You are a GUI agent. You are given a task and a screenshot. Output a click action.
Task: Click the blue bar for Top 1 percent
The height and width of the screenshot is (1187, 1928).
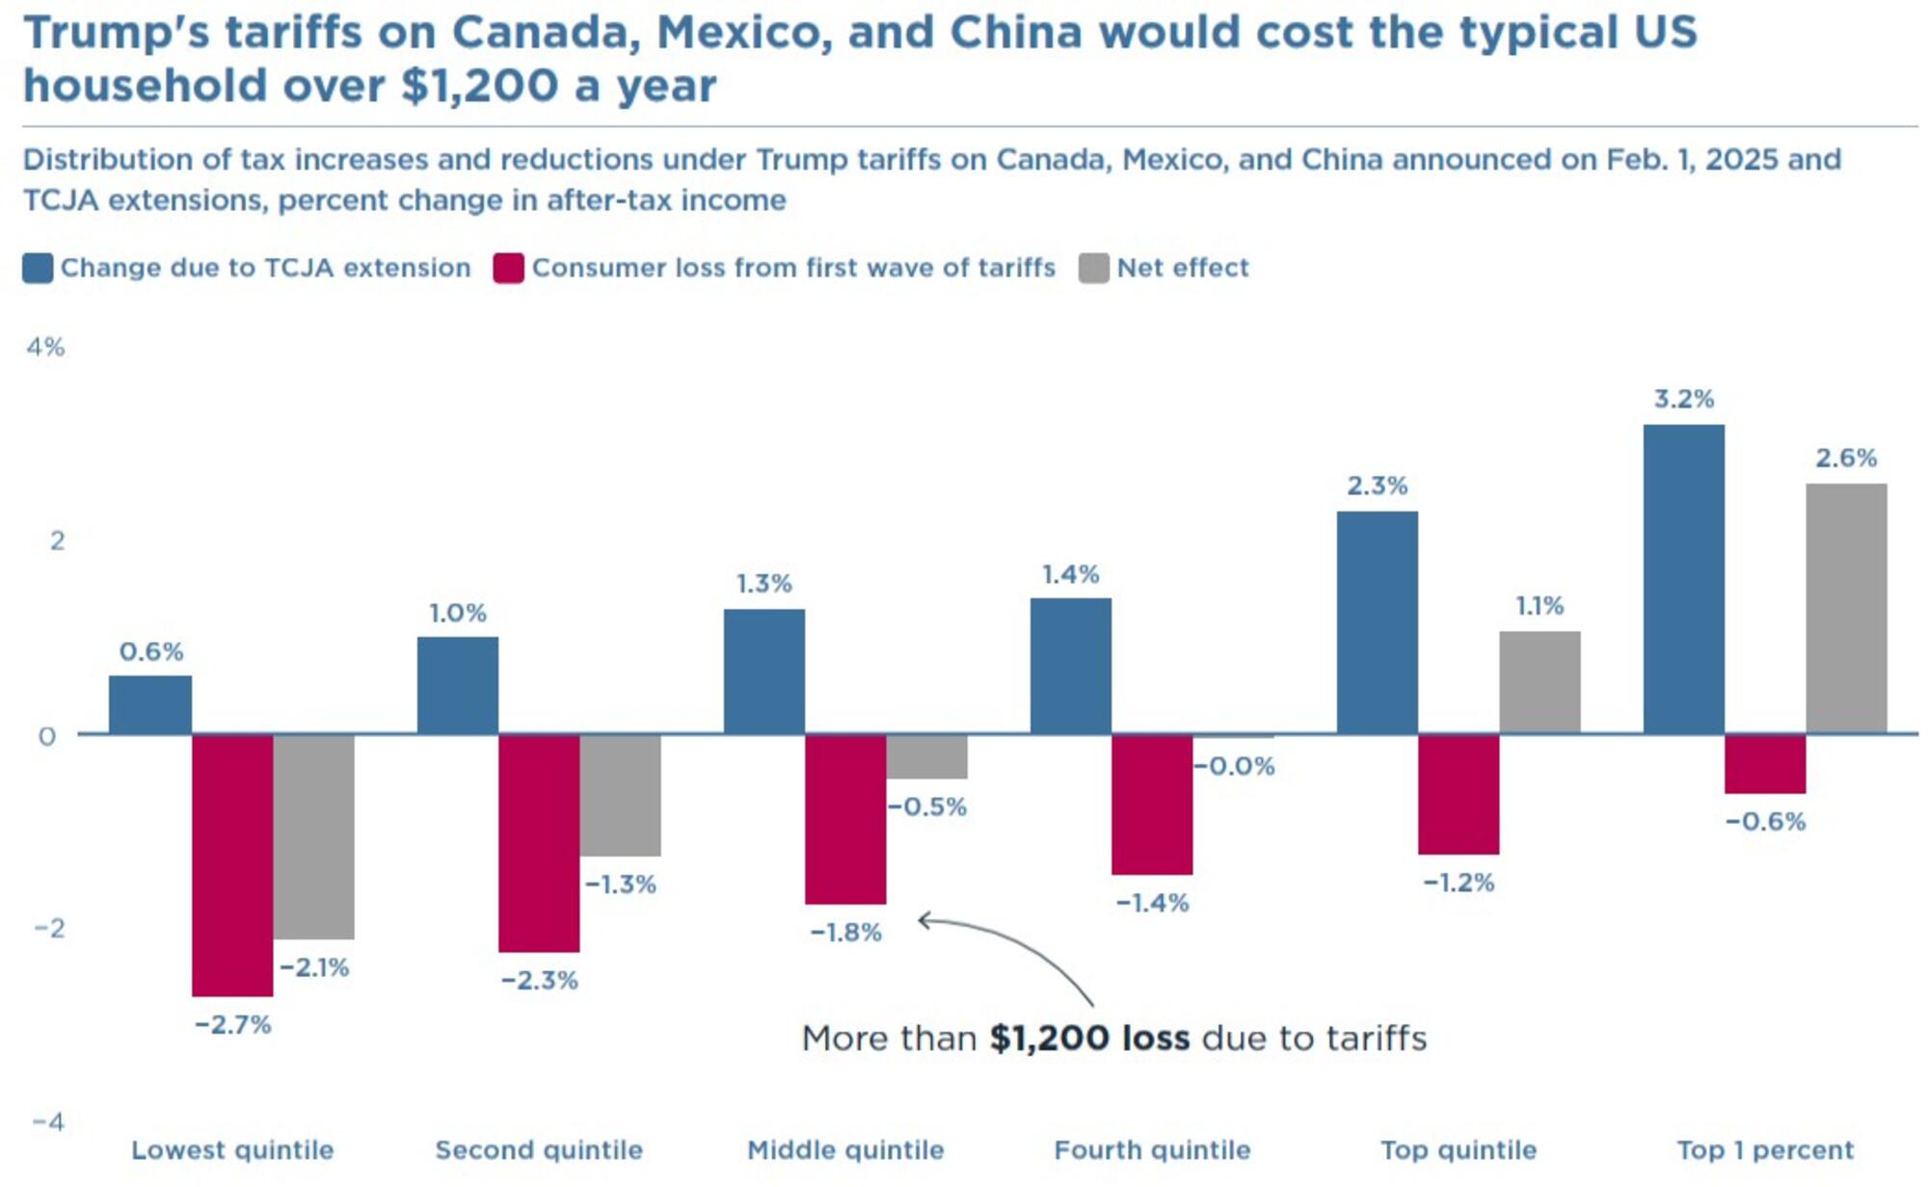(1683, 579)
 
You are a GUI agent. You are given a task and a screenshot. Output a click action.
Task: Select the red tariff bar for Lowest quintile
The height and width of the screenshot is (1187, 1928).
(232, 864)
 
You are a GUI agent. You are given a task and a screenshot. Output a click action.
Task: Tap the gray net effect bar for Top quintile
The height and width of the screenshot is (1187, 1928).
(1540, 682)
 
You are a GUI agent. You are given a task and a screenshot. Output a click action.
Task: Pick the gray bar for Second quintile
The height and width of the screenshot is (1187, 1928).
(620, 795)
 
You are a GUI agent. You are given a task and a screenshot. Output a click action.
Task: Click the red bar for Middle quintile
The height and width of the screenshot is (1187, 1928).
(845, 819)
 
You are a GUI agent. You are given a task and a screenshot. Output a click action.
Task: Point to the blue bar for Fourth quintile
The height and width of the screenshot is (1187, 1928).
(1070, 666)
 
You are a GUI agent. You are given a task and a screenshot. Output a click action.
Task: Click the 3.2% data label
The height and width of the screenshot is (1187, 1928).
(1683, 399)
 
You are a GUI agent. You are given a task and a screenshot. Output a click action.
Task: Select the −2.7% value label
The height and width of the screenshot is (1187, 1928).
(232, 1024)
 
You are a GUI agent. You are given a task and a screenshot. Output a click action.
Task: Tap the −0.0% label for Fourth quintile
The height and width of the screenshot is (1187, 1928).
(1234, 766)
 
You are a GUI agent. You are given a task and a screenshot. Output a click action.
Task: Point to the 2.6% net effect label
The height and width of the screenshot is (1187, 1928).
(1845, 458)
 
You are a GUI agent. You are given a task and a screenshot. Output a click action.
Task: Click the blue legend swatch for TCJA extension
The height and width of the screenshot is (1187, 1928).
(38, 268)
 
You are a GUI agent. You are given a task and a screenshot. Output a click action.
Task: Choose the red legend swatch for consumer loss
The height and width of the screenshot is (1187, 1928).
(508, 268)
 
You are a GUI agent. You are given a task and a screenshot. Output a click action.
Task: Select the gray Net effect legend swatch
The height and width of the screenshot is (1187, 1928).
(1093, 268)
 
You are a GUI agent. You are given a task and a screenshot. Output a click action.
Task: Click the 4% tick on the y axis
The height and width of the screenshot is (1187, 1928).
(45, 347)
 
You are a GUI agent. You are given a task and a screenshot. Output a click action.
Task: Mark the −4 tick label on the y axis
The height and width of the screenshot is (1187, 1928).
(48, 1121)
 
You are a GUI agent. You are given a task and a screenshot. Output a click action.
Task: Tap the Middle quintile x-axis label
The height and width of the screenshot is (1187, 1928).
(845, 1149)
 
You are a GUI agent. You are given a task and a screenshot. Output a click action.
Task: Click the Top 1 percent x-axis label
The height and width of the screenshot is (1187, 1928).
(1764, 1149)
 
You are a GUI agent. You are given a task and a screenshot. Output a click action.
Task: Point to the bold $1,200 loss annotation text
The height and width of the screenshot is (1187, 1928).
(1089, 1038)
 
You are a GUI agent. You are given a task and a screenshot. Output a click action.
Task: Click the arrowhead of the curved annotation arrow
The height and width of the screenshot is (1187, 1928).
(922, 921)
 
